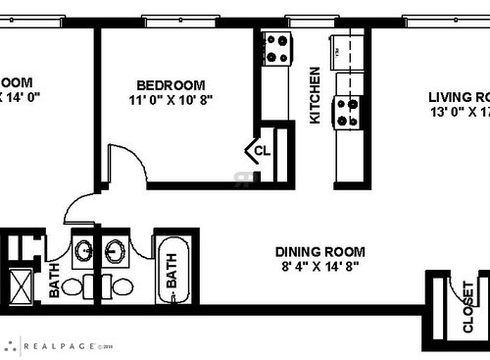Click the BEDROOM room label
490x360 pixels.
click(x=171, y=84)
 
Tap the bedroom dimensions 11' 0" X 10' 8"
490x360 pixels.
click(x=171, y=99)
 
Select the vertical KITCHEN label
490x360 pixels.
click(x=315, y=94)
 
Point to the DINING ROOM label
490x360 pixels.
click(x=320, y=250)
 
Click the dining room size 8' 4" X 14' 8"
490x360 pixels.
click(x=320, y=265)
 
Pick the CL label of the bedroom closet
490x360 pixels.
click(x=262, y=151)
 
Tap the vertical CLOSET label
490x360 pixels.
click(x=467, y=307)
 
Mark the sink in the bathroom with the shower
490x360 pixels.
click(x=83, y=250)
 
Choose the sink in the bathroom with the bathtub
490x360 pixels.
click(x=116, y=250)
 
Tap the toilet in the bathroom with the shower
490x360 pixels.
click(x=95, y=287)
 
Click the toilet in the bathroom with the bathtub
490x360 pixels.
click(x=124, y=287)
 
